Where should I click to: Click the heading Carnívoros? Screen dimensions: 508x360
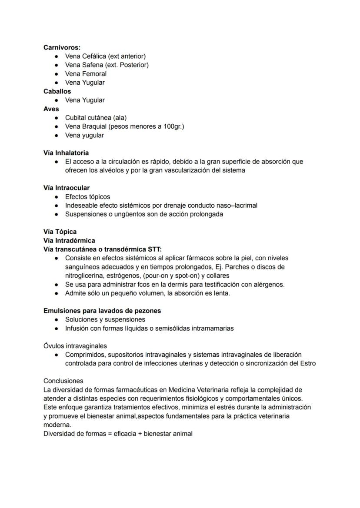(62, 47)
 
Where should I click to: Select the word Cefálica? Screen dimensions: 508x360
(95, 56)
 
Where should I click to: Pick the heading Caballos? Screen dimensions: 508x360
(57, 91)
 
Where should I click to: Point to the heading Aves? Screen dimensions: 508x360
(51, 109)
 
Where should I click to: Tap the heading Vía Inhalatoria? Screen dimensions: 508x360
(66, 153)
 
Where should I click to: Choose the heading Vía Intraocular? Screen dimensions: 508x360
(67, 188)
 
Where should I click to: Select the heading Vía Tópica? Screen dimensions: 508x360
(60, 232)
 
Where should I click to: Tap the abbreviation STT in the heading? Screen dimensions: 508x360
(153, 249)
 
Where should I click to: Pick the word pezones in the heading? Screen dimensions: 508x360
(148, 311)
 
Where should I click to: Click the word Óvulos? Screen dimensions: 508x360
(54, 346)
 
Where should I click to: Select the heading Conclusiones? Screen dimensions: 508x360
(63, 381)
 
